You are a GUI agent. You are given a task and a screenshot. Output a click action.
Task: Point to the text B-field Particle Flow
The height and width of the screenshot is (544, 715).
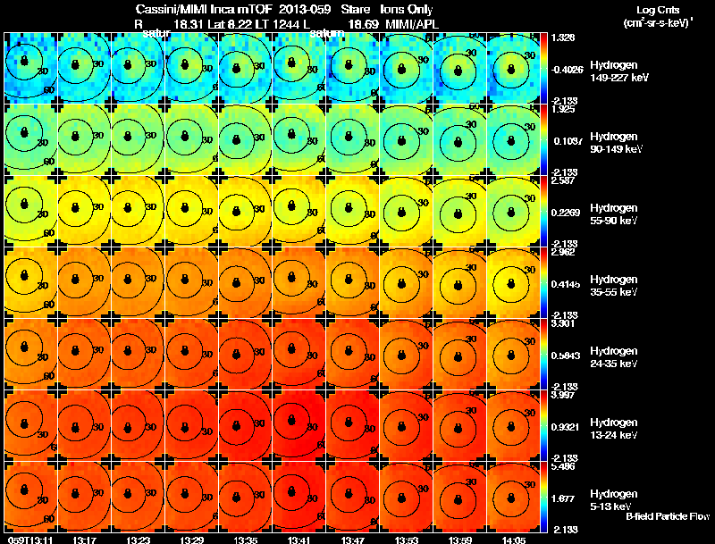[667, 516]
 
